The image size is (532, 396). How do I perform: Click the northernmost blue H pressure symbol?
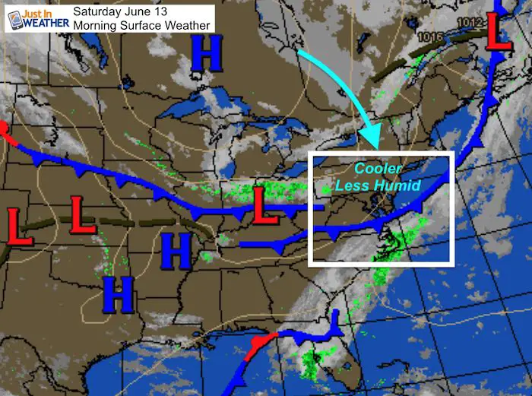pos(205,55)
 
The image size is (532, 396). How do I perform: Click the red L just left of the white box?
pos(265,205)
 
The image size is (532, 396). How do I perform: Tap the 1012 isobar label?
pos(471,23)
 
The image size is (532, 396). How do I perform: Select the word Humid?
pos(406,185)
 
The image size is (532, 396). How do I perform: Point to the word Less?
pos(366,185)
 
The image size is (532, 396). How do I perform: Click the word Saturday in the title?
pos(100,11)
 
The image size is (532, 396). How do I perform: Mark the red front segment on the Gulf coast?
pos(258,343)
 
